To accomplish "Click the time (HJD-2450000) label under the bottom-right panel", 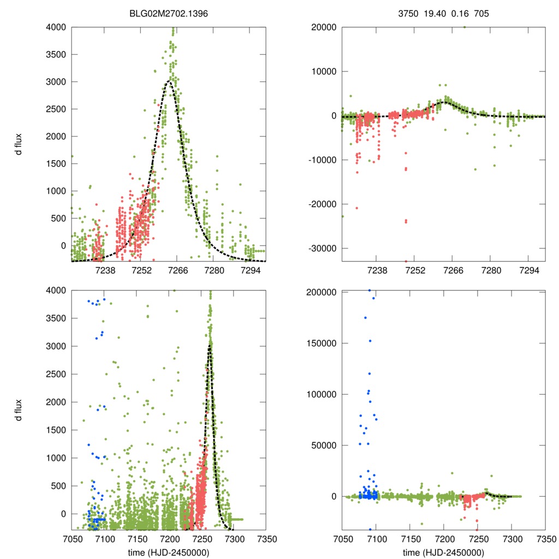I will tap(443, 552).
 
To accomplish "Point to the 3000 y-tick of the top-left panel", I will tap(56, 82).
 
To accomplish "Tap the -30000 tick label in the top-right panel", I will tap(323, 248).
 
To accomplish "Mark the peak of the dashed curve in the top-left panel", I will tap(170, 81).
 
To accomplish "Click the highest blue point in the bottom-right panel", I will tap(370, 290).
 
